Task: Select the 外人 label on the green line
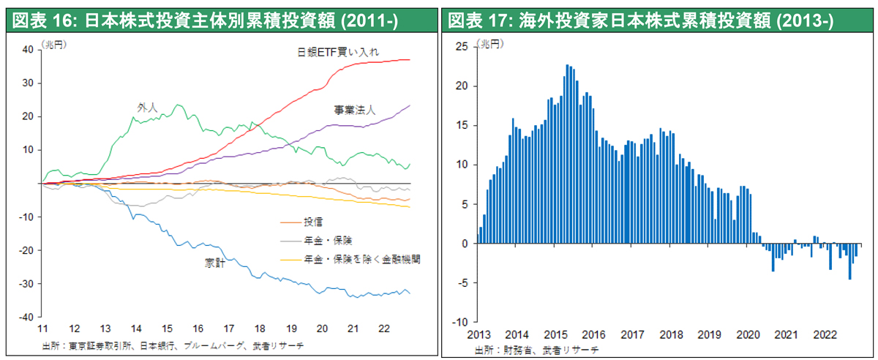click(x=147, y=107)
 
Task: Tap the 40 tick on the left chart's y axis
click(x=29, y=50)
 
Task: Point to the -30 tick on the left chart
click(x=27, y=284)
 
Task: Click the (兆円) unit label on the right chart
click(x=490, y=45)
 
